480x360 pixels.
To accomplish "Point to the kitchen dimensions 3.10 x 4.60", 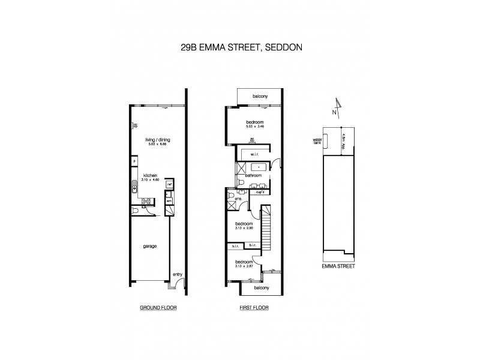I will point(150,180).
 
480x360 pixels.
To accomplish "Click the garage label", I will point(151,246).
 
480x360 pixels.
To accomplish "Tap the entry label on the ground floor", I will point(177,275).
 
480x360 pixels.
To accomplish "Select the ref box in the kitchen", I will point(170,185).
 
